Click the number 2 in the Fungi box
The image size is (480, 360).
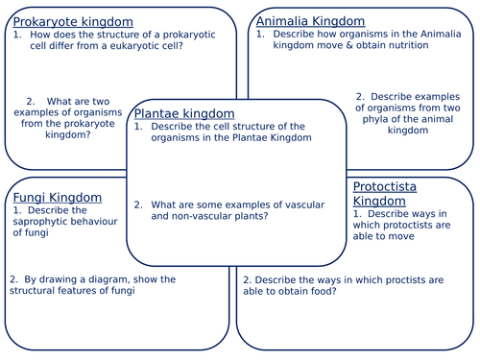13,279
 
